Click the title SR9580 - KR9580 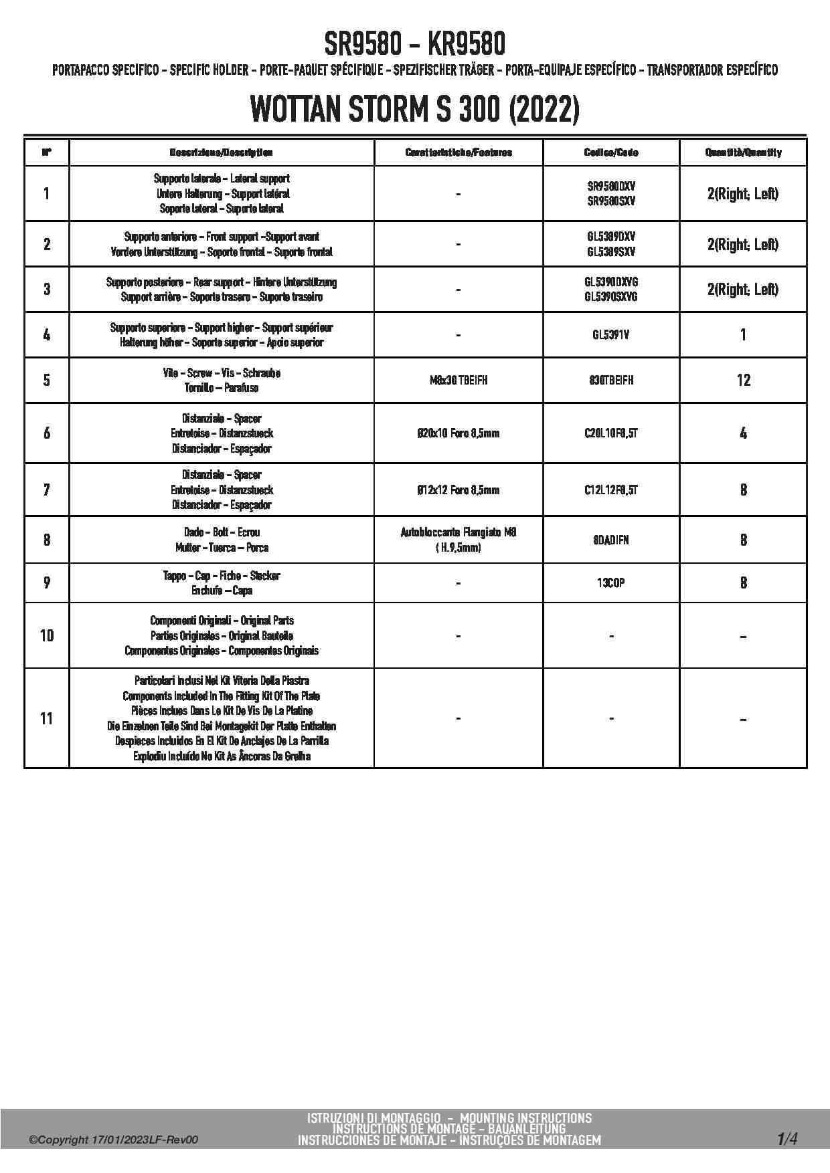click(414, 45)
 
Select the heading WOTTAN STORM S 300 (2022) click(414, 110)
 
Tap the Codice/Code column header click(611, 152)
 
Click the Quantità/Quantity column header click(743, 152)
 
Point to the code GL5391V click(611, 334)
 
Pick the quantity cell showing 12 click(743, 380)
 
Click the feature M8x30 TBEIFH click(459, 380)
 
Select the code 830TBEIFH click(611, 380)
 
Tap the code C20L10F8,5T click(611, 433)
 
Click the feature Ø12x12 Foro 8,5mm click(459, 490)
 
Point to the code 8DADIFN click(611, 540)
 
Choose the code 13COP click(611, 582)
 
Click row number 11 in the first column click(46, 718)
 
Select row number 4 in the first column click(46, 334)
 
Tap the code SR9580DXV click(611, 186)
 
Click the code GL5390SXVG click(611, 296)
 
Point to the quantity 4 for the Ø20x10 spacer click(743, 433)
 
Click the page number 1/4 click(787, 1138)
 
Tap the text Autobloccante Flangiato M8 click(459, 532)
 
